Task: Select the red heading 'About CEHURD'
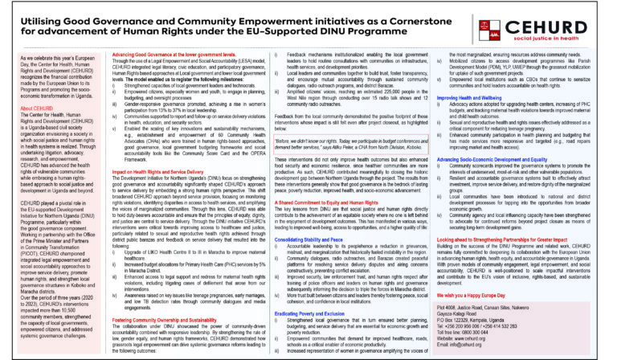point(38,107)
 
